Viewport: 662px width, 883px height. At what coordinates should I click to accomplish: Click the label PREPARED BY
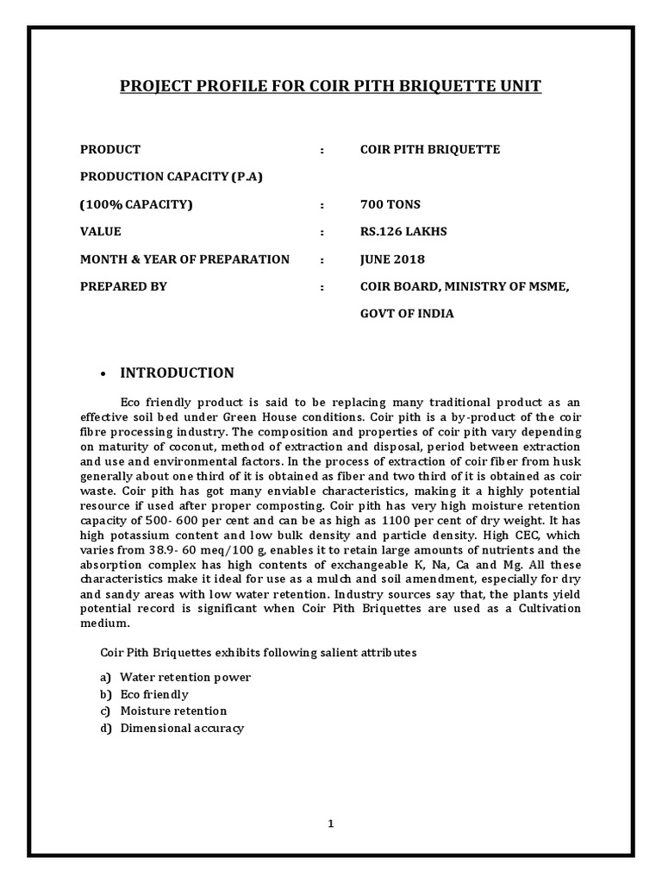click(123, 286)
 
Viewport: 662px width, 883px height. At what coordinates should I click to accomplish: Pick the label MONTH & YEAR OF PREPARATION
click(184, 260)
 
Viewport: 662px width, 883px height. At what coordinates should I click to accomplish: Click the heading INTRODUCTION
click(177, 373)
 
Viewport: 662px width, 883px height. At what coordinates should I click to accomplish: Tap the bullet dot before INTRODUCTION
click(103, 374)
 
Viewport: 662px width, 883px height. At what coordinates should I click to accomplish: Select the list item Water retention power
click(185, 678)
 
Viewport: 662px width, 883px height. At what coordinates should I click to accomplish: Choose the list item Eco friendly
click(154, 694)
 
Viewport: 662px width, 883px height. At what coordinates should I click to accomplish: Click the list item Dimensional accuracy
click(182, 729)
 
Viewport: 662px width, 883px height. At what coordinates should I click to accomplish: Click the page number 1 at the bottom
click(330, 824)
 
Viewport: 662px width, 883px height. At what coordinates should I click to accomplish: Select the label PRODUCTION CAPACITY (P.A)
click(172, 178)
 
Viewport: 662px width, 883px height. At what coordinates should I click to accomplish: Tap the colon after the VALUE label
click(322, 232)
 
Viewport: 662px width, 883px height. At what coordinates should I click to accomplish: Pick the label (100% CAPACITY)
click(137, 205)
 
